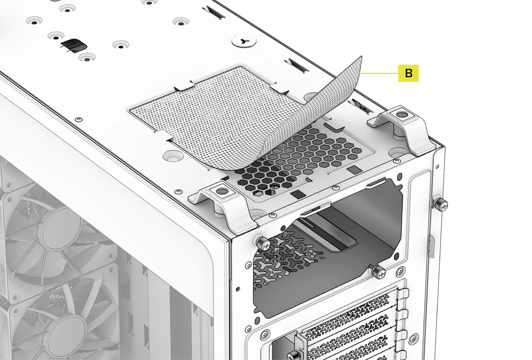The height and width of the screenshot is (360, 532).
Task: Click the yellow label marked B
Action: (x=409, y=73)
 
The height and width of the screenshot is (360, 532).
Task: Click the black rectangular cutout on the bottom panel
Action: (x=71, y=45)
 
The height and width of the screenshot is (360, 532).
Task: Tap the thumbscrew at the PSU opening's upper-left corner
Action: (x=262, y=242)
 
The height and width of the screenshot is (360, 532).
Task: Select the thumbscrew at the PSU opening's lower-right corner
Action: (x=378, y=271)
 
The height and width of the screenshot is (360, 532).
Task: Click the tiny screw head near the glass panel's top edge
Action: (x=78, y=118)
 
